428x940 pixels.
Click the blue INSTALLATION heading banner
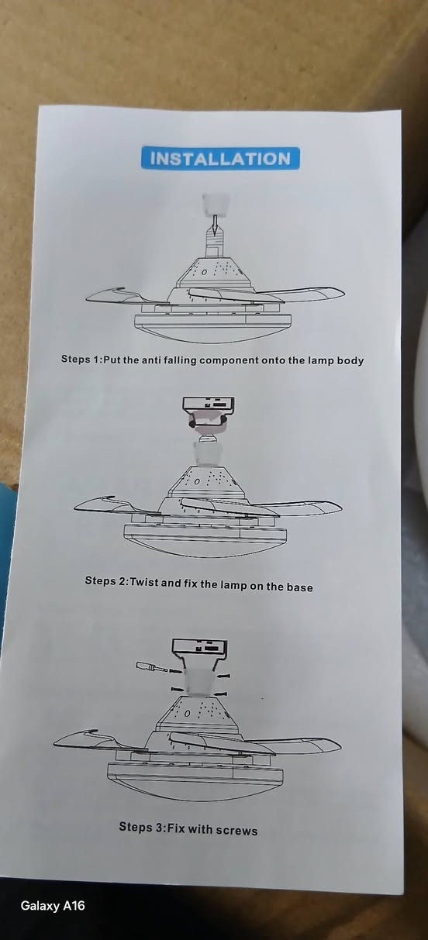point(220,158)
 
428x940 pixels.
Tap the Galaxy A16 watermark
point(53,906)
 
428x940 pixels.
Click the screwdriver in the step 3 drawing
point(154,666)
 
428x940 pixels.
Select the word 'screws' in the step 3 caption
point(236,830)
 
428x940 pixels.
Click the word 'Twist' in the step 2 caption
point(144,582)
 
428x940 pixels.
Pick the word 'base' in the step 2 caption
point(300,587)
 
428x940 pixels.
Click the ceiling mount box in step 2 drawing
point(209,404)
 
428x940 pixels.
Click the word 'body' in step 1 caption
point(350,360)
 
